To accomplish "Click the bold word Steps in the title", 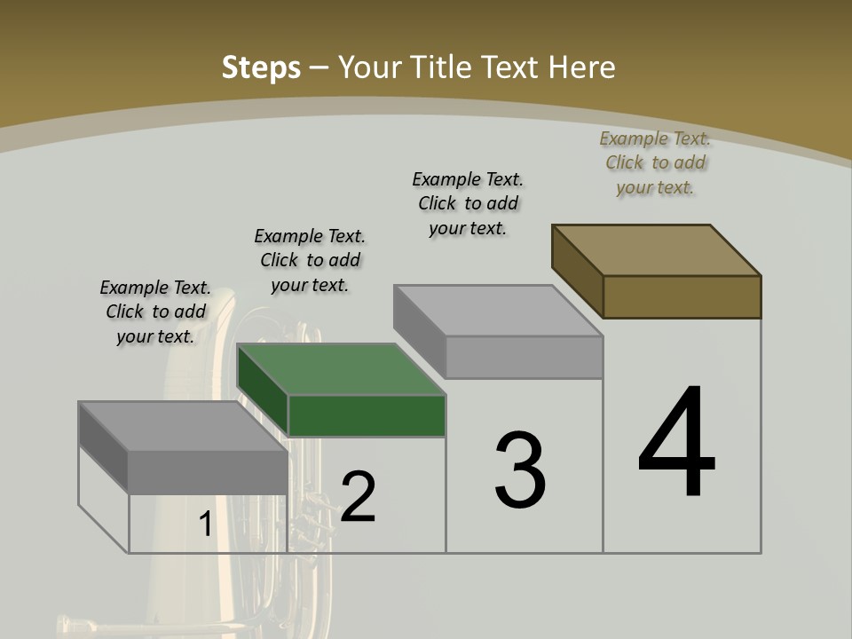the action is click(x=261, y=67).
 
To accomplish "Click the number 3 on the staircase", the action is click(x=520, y=469).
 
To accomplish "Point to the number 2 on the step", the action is click(x=358, y=497).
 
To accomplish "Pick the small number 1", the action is click(x=205, y=524).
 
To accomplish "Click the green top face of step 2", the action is click(x=342, y=368).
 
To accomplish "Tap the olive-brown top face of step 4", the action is click(x=657, y=249).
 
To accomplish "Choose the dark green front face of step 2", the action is click(x=367, y=415).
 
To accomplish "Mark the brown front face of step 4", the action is click(x=682, y=296).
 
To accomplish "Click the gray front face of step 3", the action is click(x=524, y=357).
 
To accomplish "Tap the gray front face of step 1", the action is click(x=208, y=472).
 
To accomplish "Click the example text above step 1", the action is click(x=155, y=312).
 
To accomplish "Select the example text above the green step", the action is click(x=310, y=260).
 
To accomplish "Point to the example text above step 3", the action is click(x=468, y=203).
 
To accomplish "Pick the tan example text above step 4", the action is click(x=655, y=162).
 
